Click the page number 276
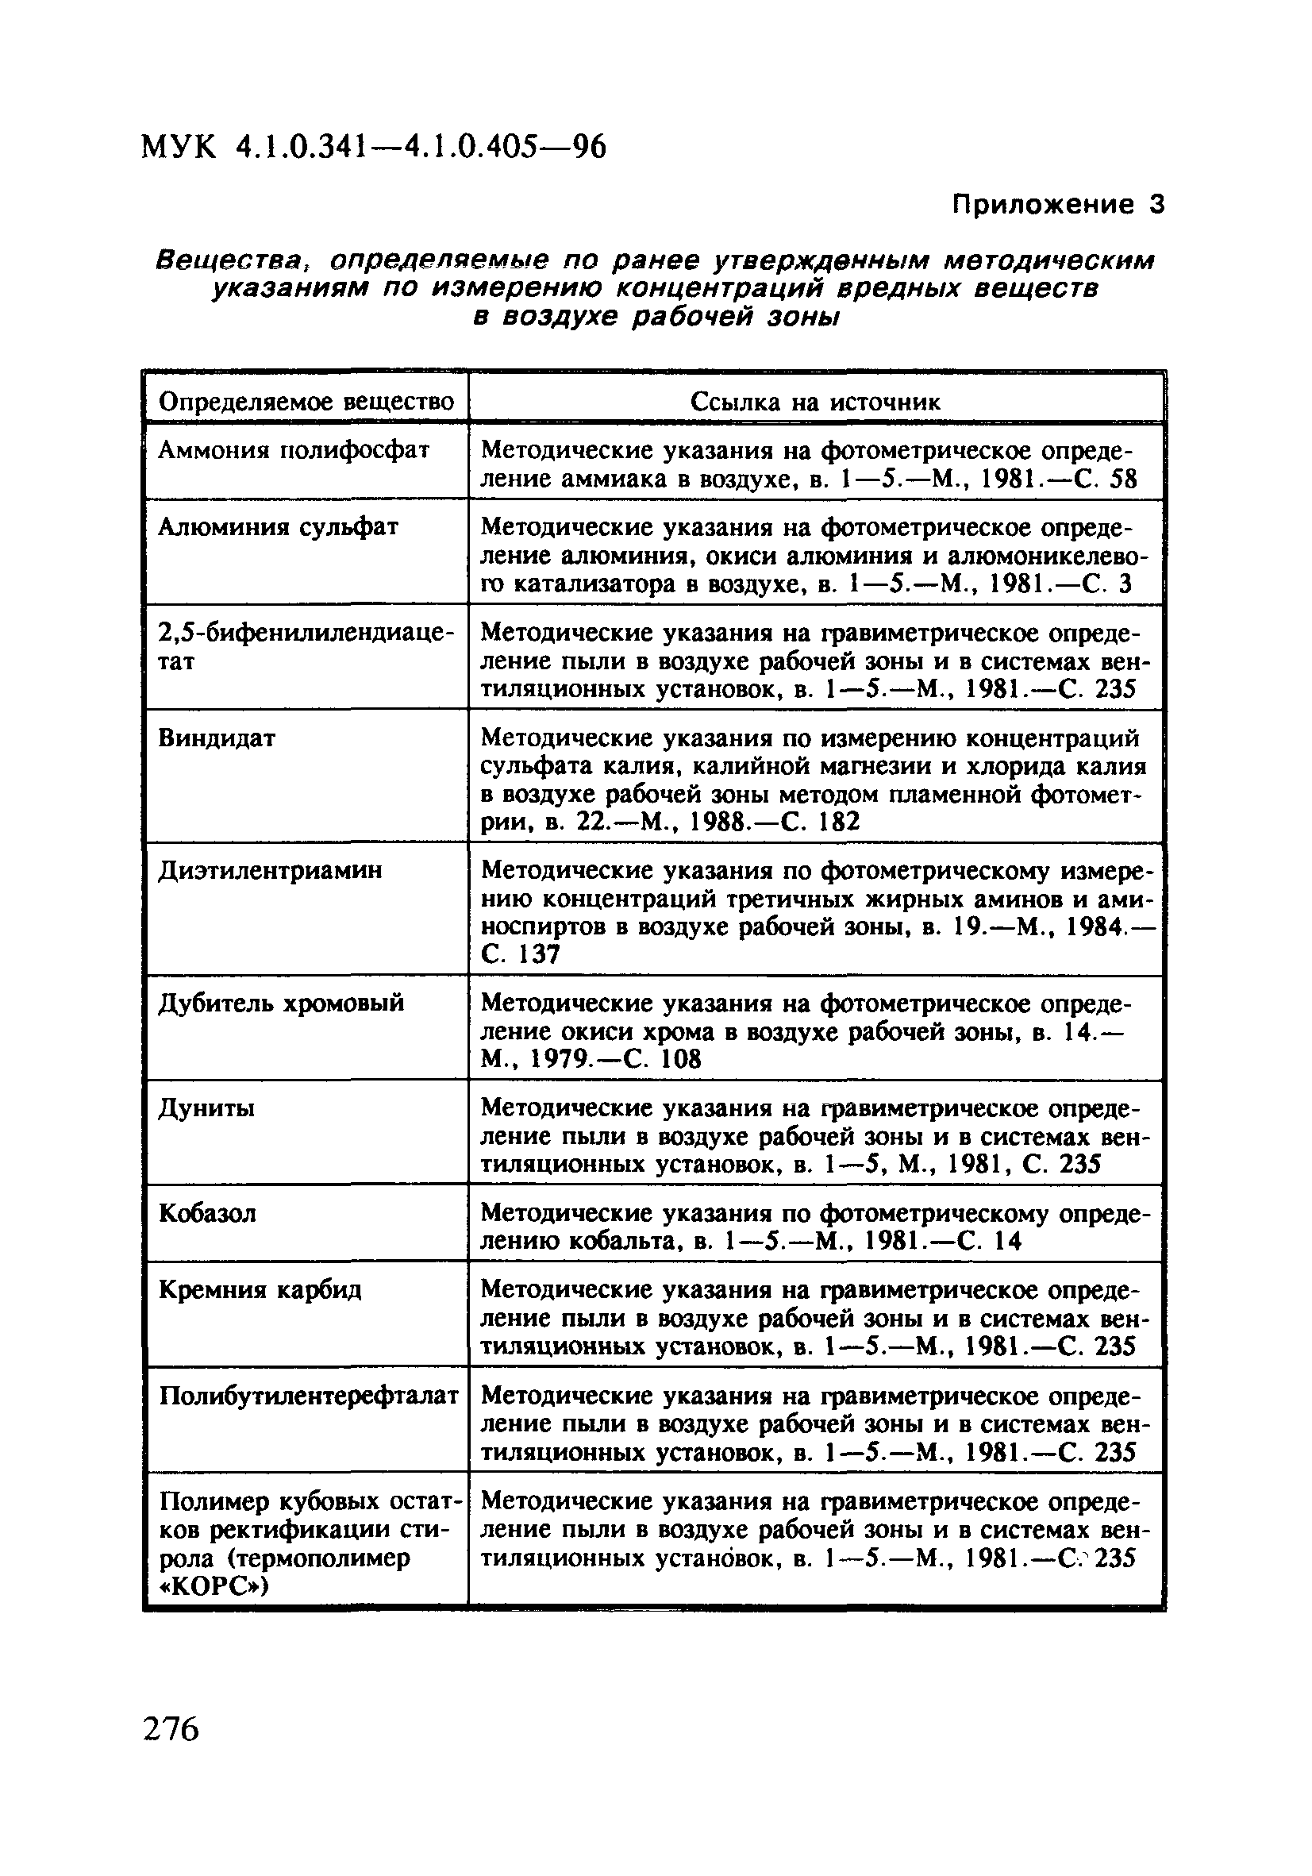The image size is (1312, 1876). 171,1730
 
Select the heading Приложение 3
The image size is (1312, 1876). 1057,204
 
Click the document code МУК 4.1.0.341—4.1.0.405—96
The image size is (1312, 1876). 373,148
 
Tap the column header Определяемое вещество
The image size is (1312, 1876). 306,401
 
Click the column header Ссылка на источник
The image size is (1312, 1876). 814,401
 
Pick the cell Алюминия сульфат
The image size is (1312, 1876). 278,527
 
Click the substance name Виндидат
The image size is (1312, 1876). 217,738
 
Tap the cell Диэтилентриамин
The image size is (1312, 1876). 270,871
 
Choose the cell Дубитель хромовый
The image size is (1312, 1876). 280,1003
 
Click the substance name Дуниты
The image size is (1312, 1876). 206,1108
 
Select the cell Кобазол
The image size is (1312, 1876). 207,1213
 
